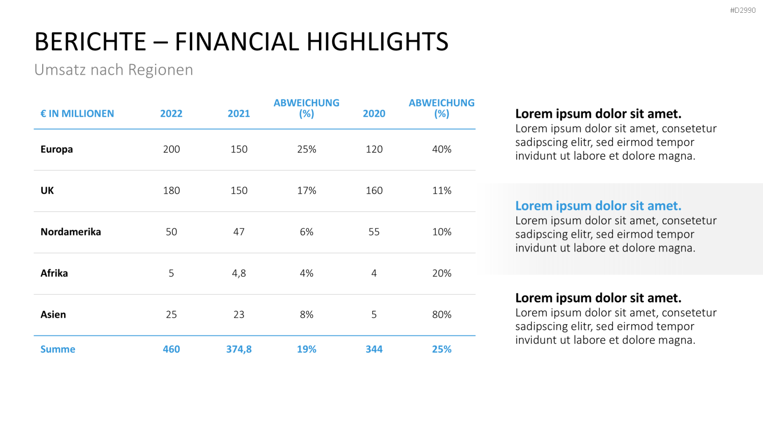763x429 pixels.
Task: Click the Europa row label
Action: (x=56, y=149)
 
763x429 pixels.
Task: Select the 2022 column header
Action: (x=171, y=113)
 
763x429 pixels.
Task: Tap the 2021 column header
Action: (x=239, y=113)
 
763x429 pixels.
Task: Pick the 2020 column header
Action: (x=374, y=113)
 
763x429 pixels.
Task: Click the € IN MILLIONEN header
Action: (x=77, y=113)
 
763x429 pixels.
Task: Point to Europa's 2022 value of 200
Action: (x=171, y=149)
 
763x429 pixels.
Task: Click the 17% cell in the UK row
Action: (x=307, y=190)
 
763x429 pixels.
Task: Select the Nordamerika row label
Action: (x=71, y=232)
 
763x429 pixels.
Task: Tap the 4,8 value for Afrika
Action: (x=239, y=273)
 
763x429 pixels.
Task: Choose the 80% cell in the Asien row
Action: (x=442, y=314)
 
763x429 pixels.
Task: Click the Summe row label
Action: (x=58, y=349)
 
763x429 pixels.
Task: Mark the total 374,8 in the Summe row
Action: (x=239, y=349)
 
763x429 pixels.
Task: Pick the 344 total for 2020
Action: (x=374, y=349)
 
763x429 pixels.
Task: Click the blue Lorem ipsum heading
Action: (x=598, y=206)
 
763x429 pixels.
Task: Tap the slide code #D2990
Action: (x=743, y=10)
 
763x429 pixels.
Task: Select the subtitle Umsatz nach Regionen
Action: (x=113, y=70)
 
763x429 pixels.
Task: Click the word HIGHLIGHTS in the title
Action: (x=377, y=42)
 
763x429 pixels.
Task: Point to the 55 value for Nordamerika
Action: (x=374, y=232)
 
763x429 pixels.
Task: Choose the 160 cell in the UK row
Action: (x=374, y=190)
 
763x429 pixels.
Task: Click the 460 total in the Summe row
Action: (x=171, y=349)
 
